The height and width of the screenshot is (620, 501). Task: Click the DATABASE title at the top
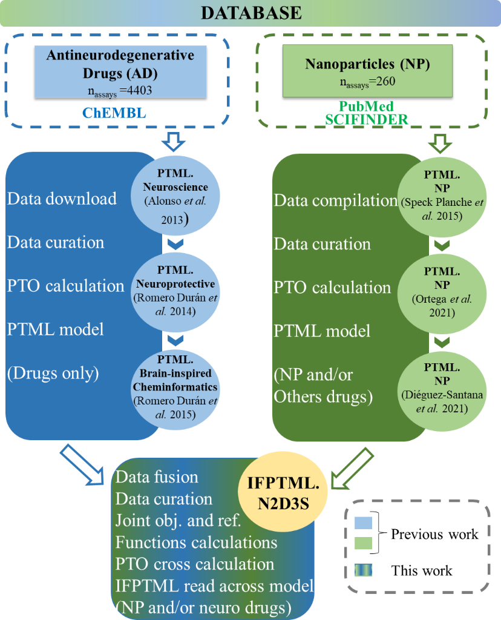pos(250,13)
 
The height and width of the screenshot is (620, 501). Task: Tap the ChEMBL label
pos(120,113)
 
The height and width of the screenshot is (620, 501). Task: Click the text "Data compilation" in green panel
pos(335,200)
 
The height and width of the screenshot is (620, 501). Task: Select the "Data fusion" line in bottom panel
pos(157,477)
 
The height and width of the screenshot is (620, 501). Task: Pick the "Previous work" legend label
pos(434,534)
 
